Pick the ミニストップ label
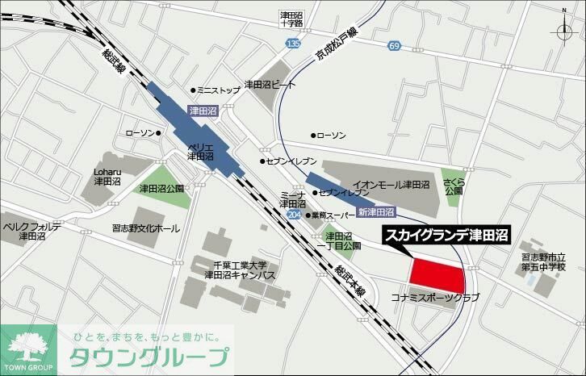(219, 90)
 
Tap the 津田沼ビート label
(270, 84)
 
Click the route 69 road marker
(394, 47)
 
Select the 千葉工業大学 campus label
(240, 270)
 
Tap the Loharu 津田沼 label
(106, 177)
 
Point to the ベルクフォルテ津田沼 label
(32, 232)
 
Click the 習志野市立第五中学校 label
(542, 261)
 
